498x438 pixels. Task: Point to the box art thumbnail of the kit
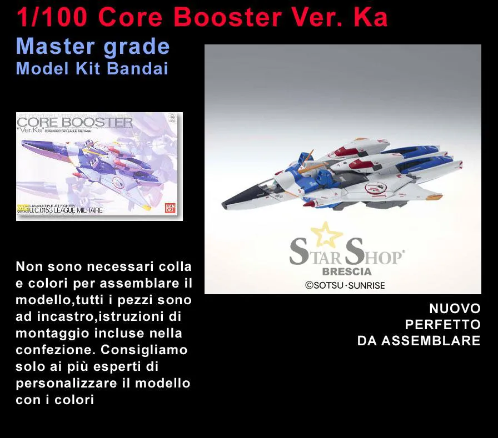pyautogui.click(x=99, y=167)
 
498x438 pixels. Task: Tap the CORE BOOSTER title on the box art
pyautogui.click(x=75, y=122)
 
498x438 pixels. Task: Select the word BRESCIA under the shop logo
pyautogui.click(x=347, y=272)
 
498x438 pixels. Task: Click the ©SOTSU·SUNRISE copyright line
pyautogui.click(x=345, y=285)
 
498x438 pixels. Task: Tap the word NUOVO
pyautogui.click(x=455, y=309)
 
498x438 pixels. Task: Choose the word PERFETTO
pyautogui.click(x=442, y=325)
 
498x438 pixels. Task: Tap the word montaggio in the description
pyautogui.click(x=49, y=334)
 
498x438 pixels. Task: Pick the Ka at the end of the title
pyautogui.click(x=370, y=17)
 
